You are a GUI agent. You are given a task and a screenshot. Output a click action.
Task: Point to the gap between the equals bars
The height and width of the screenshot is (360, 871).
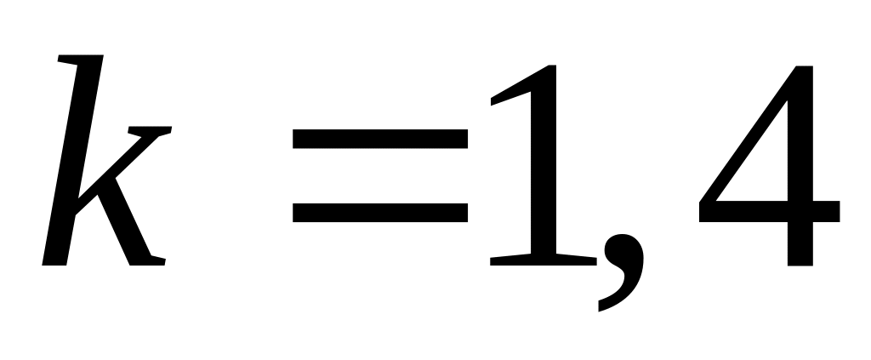(380, 174)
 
